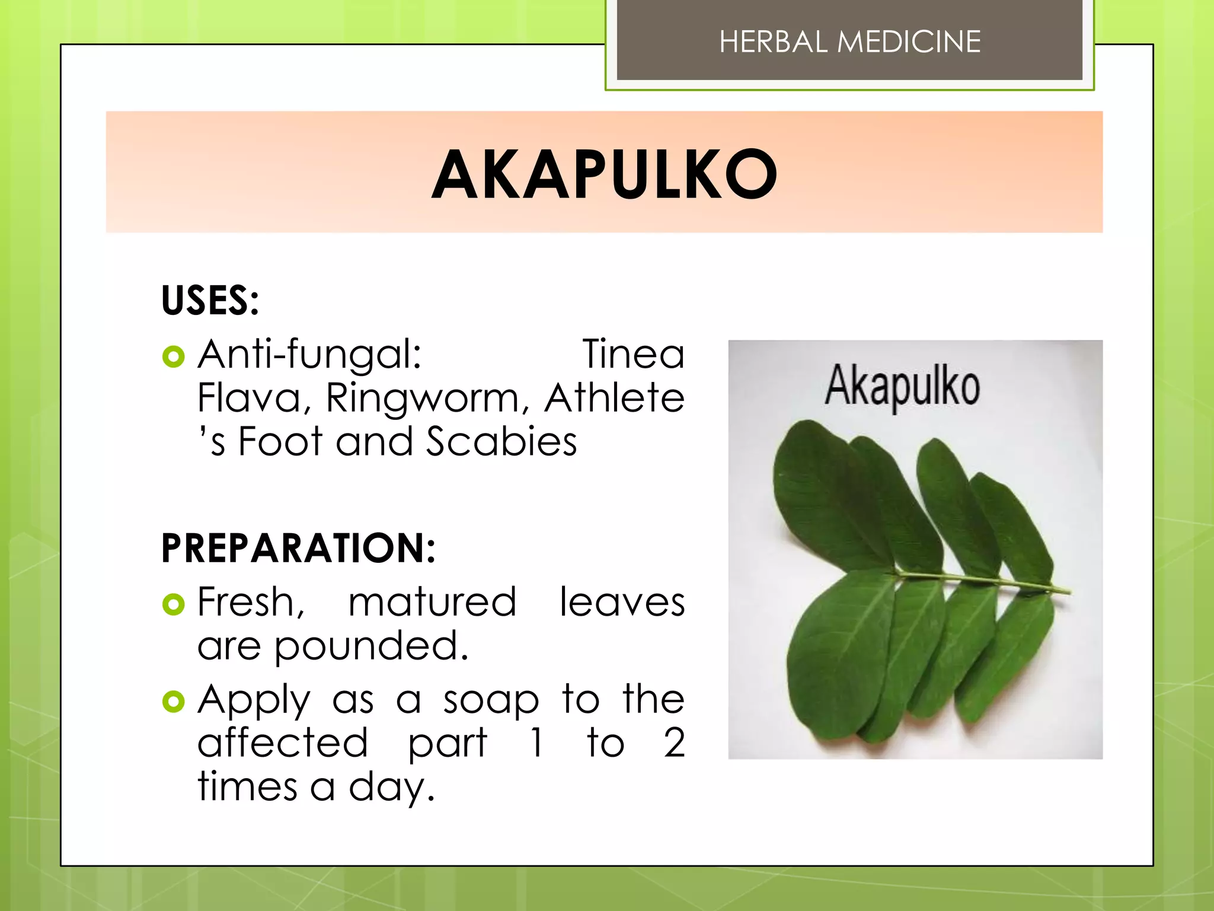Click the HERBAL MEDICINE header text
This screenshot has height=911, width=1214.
[x=849, y=42]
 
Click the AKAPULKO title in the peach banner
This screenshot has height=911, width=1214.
[x=604, y=174]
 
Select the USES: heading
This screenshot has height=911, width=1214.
[x=210, y=300]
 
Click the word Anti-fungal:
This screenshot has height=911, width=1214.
[x=309, y=355]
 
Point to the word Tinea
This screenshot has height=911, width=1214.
[x=633, y=355]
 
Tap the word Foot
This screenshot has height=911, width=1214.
[x=280, y=442]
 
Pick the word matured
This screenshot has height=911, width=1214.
[x=432, y=603]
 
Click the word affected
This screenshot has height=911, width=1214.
[x=283, y=743]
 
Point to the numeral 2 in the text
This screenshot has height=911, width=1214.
[x=674, y=743]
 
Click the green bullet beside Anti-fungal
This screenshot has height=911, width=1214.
[x=173, y=356]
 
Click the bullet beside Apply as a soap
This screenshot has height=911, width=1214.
[x=173, y=702]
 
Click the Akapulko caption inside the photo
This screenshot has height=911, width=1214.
[x=902, y=386]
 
